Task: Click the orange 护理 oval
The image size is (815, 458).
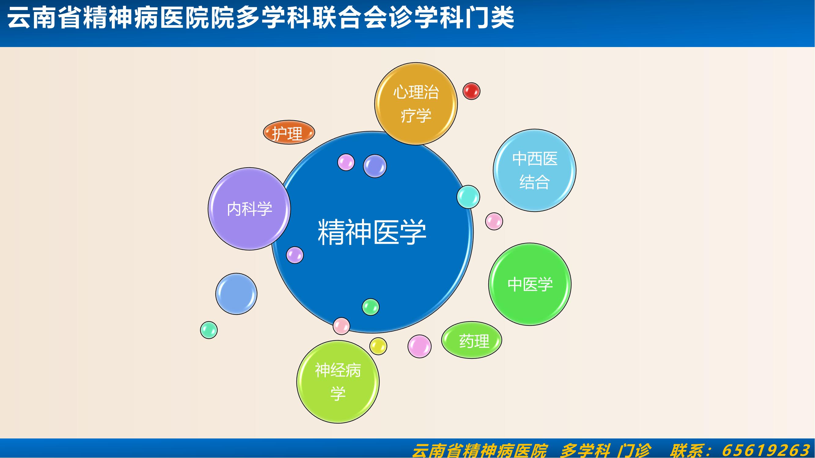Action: pyautogui.click(x=289, y=132)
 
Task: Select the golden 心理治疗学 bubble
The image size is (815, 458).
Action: pyautogui.click(x=416, y=104)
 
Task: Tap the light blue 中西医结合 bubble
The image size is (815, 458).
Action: pyautogui.click(x=535, y=170)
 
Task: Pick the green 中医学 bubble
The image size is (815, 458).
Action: pyautogui.click(x=530, y=284)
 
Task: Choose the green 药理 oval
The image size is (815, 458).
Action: pyautogui.click(x=472, y=340)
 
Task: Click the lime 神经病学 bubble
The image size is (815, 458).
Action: pyautogui.click(x=338, y=382)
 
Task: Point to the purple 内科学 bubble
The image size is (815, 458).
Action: pyautogui.click(x=249, y=209)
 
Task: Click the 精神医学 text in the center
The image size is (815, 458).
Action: pyautogui.click(x=372, y=232)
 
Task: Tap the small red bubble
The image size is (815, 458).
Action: pyautogui.click(x=472, y=91)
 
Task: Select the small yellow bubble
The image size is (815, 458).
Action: pyautogui.click(x=378, y=346)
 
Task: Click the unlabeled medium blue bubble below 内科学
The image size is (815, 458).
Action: pyautogui.click(x=236, y=294)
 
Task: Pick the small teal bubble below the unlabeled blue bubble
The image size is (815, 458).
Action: pyautogui.click(x=209, y=330)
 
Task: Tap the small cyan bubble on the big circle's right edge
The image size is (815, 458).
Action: pyautogui.click(x=468, y=197)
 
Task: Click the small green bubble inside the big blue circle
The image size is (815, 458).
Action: pyautogui.click(x=370, y=307)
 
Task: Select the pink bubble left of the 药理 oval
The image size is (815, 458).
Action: pyautogui.click(x=420, y=347)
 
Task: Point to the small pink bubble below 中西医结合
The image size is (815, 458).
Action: pyautogui.click(x=494, y=221)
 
